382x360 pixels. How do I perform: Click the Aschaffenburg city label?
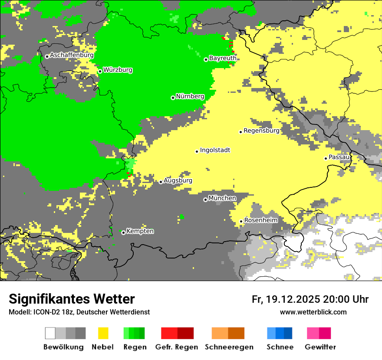point(72,55)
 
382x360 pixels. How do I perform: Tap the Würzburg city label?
point(118,70)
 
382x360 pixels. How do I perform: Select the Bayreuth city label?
point(223,58)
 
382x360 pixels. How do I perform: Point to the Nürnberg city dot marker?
point(173,98)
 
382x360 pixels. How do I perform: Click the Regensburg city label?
point(261,131)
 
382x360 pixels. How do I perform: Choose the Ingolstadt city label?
point(215,150)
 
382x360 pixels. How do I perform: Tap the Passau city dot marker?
point(326,158)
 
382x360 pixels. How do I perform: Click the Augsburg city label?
point(178,180)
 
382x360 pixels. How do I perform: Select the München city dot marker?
point(205,200)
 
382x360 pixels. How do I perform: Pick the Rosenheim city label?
point(260,220)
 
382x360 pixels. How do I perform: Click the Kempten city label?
point(140,231)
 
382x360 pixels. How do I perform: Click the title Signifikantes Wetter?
point(72,299)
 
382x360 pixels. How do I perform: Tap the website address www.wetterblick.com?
point(313,312)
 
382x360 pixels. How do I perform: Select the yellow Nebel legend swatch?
point(103,333)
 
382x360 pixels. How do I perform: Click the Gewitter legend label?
point(320,347)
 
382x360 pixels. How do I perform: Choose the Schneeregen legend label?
point(229,347)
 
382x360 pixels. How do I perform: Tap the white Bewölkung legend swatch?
point(50,333)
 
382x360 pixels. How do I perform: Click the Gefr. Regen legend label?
point(176,347)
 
